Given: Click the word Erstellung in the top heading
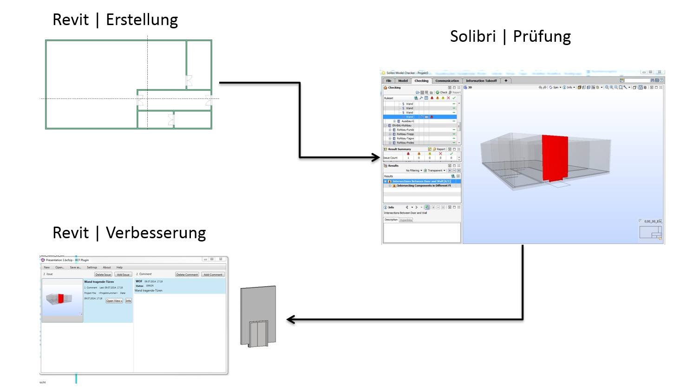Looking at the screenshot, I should coord(142,20).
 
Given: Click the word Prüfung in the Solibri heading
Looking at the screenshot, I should coord(542,37).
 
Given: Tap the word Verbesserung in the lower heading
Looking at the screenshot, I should coord(156,233).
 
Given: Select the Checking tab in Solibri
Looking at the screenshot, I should coord(421,81).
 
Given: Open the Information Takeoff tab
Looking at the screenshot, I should coord(481,81).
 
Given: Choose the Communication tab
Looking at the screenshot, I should coord(447,81).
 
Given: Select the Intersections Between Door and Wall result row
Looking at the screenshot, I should coord(421,181).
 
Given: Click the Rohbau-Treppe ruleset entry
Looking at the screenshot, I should coord(405,134).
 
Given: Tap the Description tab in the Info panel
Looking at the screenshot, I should coord(391,220).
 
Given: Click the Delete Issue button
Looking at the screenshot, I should coord(103,274).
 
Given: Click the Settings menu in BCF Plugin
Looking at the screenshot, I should coord(92,267).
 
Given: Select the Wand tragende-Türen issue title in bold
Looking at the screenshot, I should coord(99,281).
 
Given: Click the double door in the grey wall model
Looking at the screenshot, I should coord(259,334).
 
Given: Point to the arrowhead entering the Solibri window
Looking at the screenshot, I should coord(377,157).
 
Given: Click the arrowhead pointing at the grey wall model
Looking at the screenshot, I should coord(290,319).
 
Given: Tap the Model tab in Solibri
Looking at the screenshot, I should coord(403,81).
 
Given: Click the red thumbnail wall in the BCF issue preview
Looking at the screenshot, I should coord(61,299).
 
